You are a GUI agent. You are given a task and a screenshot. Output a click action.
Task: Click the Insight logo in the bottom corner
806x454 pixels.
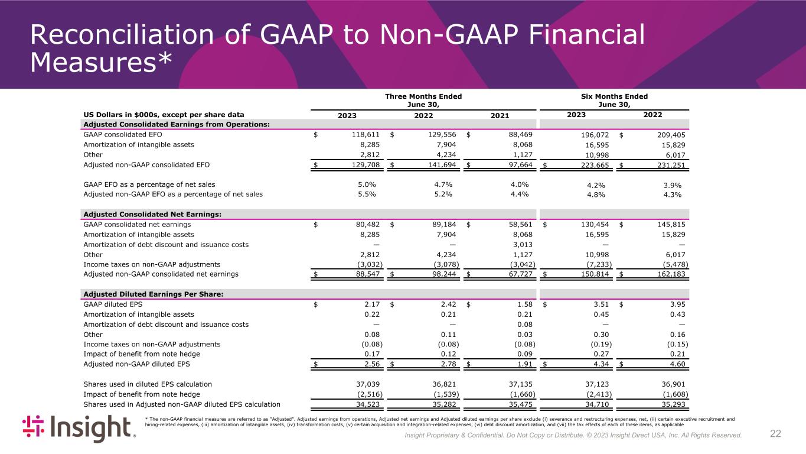(79, 428)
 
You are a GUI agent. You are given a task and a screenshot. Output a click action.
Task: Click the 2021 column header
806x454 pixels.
(500, 115)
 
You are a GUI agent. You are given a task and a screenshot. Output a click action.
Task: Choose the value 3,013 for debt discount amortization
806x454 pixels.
(521, 244)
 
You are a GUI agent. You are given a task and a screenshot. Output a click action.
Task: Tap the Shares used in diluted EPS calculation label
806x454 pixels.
(148, 384)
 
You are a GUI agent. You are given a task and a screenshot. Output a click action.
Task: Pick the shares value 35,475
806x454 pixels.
(518, 404)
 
